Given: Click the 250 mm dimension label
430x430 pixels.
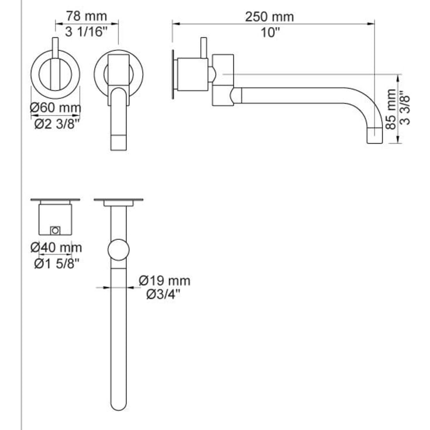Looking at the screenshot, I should (270, 17).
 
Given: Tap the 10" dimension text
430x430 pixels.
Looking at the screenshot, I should (270, 32).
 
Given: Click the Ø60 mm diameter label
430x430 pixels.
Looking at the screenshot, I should (55, 108).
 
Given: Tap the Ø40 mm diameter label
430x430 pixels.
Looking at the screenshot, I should (56, 248).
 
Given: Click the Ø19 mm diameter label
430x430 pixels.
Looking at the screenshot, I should (164, 281).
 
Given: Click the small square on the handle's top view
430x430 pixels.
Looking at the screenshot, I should (56, 229).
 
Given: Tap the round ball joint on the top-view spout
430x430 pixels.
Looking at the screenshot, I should (119, 250).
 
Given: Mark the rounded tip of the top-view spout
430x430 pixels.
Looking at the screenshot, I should (119, 404).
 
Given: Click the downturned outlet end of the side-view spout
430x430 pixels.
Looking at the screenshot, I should (375, 135).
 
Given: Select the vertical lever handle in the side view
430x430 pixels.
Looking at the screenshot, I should (205, 49).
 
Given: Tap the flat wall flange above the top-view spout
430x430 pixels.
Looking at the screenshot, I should (119, 202).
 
